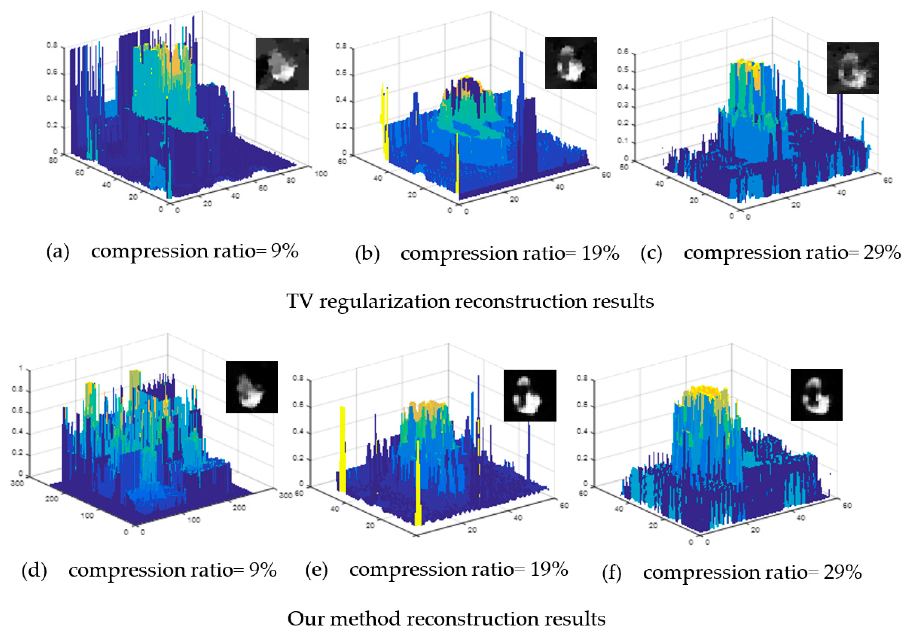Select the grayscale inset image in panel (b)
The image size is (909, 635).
(x=571, y=63)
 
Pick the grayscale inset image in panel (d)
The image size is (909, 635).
(x=252, y=387)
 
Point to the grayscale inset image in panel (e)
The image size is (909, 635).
(x=530, y=395)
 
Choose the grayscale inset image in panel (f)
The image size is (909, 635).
(x=816, y=394)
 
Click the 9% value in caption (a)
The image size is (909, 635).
(x=284, y=251)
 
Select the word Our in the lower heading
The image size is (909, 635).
(x=304, y=619)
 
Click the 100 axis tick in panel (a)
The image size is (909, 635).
(x=321, y=174)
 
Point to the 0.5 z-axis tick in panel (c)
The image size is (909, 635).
(x=623, y=70)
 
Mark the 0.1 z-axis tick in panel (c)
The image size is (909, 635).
(x=623, y=141)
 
